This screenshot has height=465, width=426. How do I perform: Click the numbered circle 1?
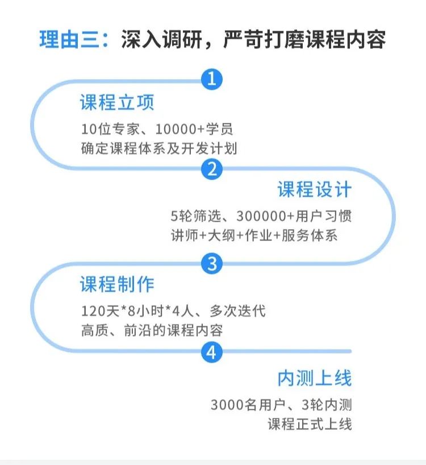click(212, 78)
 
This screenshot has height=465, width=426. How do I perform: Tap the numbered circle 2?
click(212, 169)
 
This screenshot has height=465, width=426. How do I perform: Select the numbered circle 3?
click(212, 263)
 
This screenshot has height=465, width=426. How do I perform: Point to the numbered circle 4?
click(212, 353)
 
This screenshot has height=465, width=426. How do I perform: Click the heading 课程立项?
click(117, 102)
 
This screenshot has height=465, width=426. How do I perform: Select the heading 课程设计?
click(314, 190)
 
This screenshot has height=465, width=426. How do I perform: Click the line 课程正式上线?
click(310, 424)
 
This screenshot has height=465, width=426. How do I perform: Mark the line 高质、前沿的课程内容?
click(152, 330)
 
